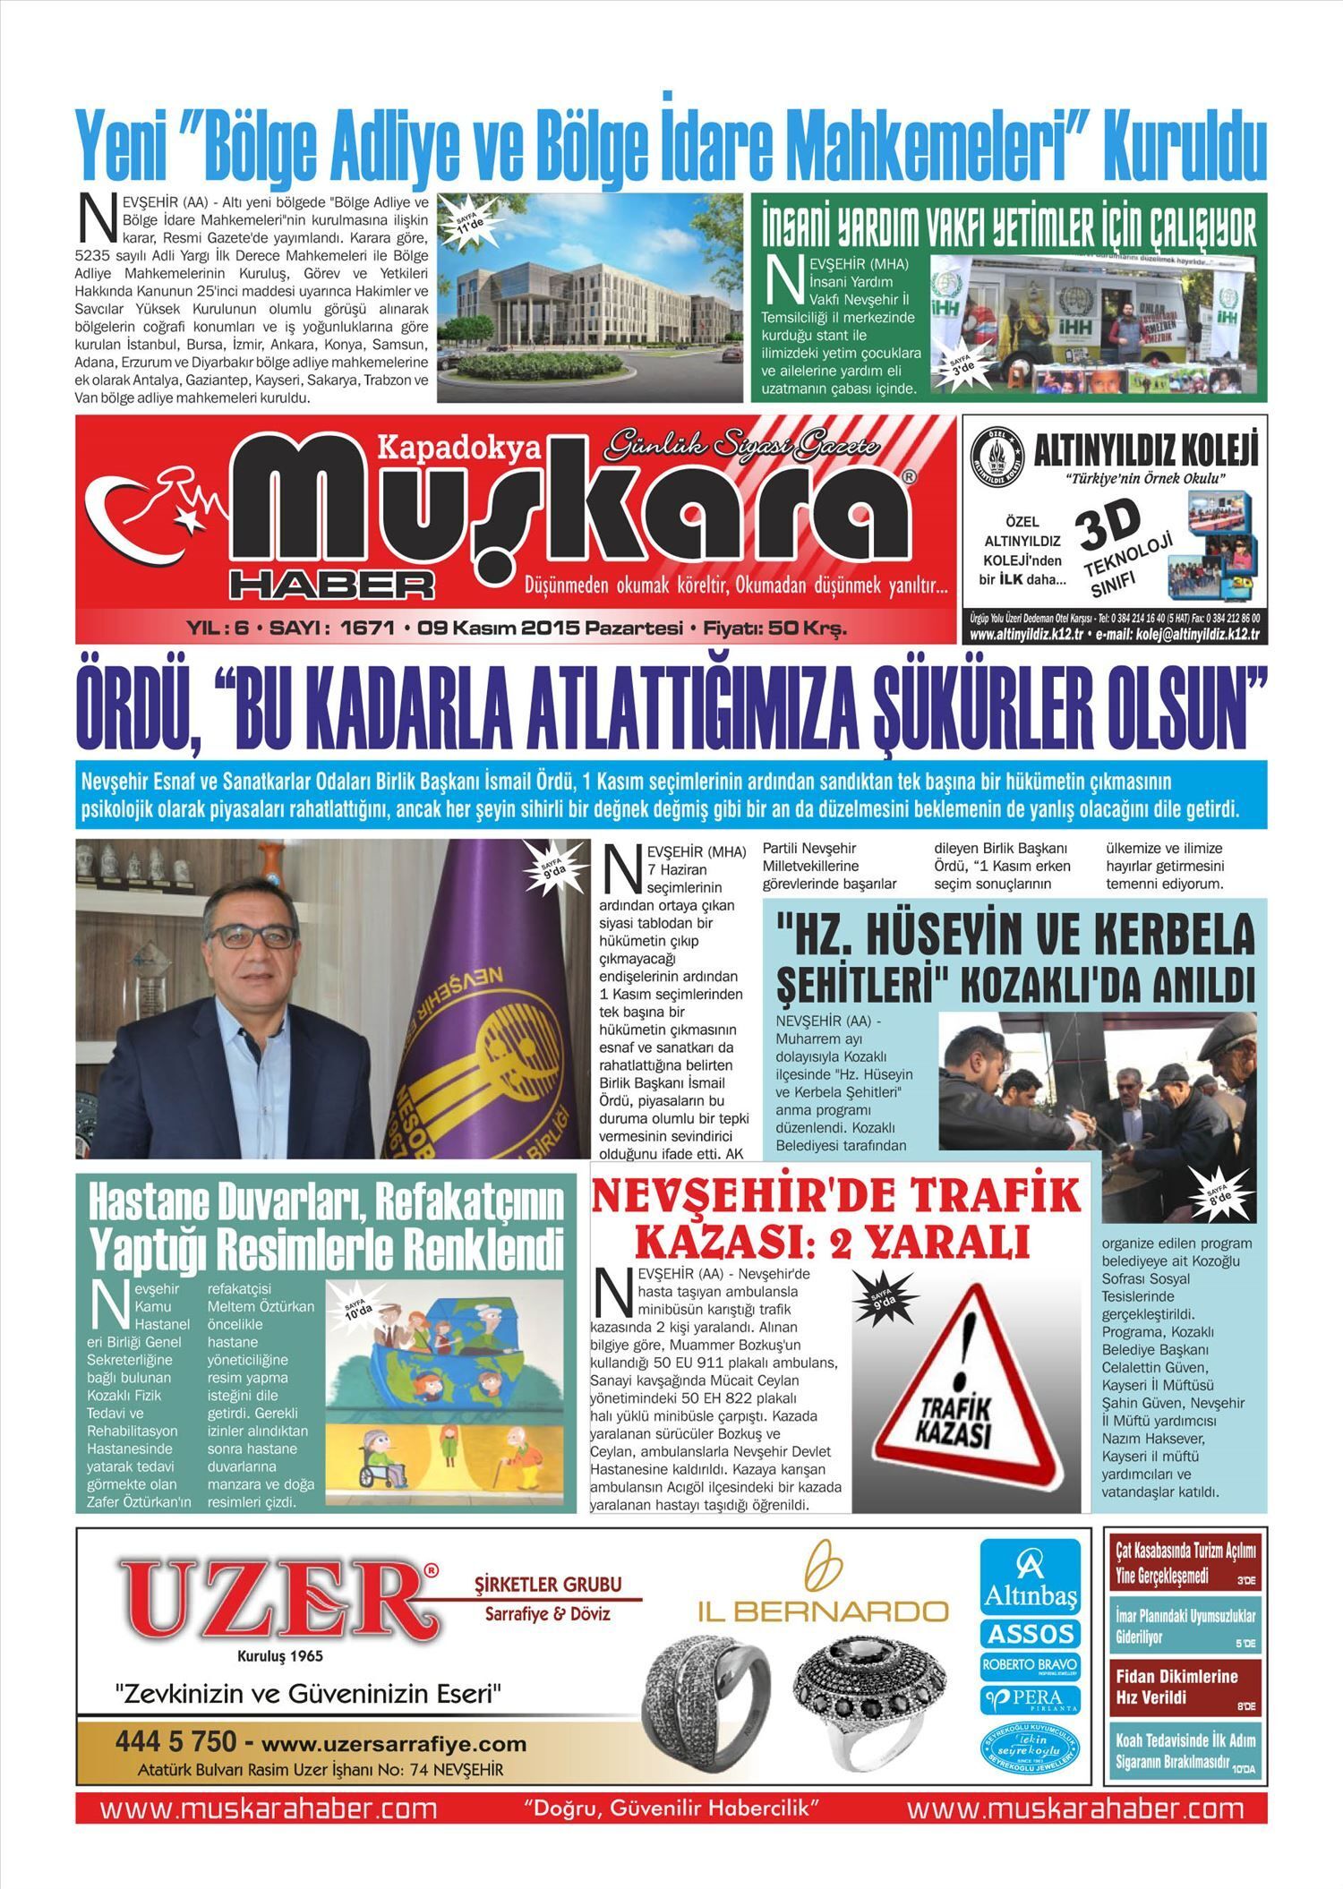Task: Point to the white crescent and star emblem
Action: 152,517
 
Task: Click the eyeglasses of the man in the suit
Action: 253,936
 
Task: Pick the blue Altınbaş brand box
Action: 1030,1577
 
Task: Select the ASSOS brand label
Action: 1030,1634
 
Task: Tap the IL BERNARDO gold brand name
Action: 823,1612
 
